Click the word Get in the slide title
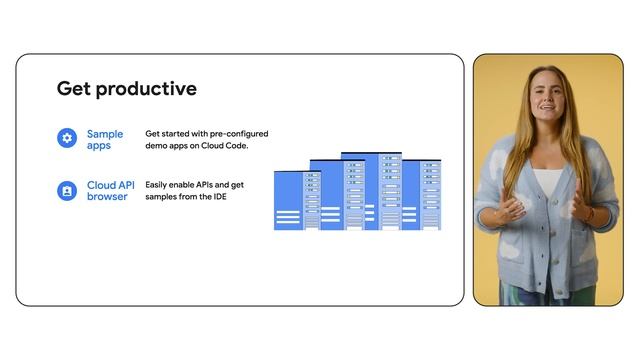[73, 89]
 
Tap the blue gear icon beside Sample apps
[67, 138]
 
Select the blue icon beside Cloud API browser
[67, 190]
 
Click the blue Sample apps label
[105, 139]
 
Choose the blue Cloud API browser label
[111, 190]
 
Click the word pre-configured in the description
[236, 133]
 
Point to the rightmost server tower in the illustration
[430, 195]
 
